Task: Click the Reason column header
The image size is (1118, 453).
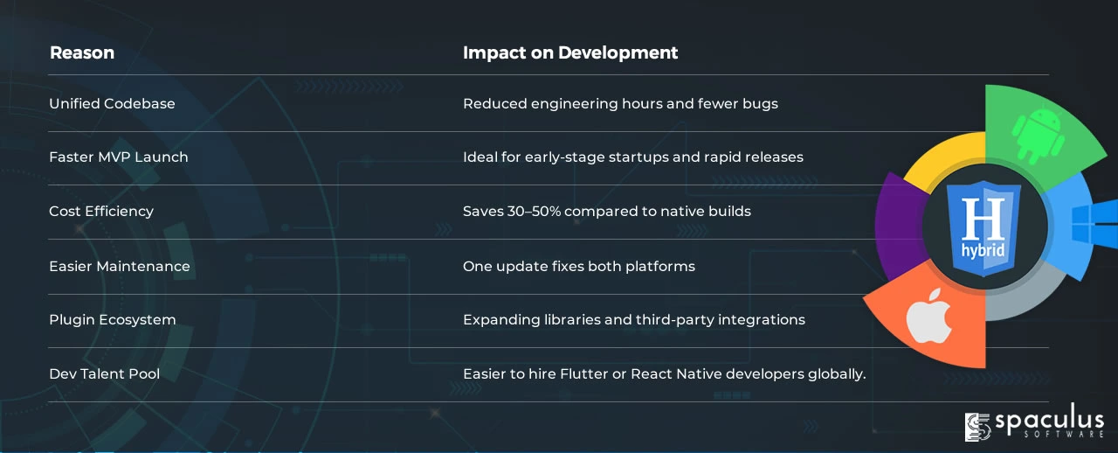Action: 82,52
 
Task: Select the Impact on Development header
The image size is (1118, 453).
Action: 570,52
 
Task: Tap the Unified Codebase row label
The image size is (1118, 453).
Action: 112,103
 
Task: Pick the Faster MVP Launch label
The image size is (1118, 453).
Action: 118,157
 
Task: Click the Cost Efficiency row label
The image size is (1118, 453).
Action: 100,212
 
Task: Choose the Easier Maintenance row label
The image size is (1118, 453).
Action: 120,266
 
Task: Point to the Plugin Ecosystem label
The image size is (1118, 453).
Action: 113,320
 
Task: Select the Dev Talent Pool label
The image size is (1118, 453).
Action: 104,374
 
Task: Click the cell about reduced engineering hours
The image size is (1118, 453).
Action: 620,104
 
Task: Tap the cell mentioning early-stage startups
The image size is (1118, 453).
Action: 633,157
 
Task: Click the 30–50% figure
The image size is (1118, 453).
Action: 534,212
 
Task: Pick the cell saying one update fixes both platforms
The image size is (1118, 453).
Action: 579,267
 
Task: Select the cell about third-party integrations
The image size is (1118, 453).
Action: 634,320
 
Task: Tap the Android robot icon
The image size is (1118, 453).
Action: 1039,136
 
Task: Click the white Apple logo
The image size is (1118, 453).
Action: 928,316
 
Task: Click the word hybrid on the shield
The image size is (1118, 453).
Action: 983,250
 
